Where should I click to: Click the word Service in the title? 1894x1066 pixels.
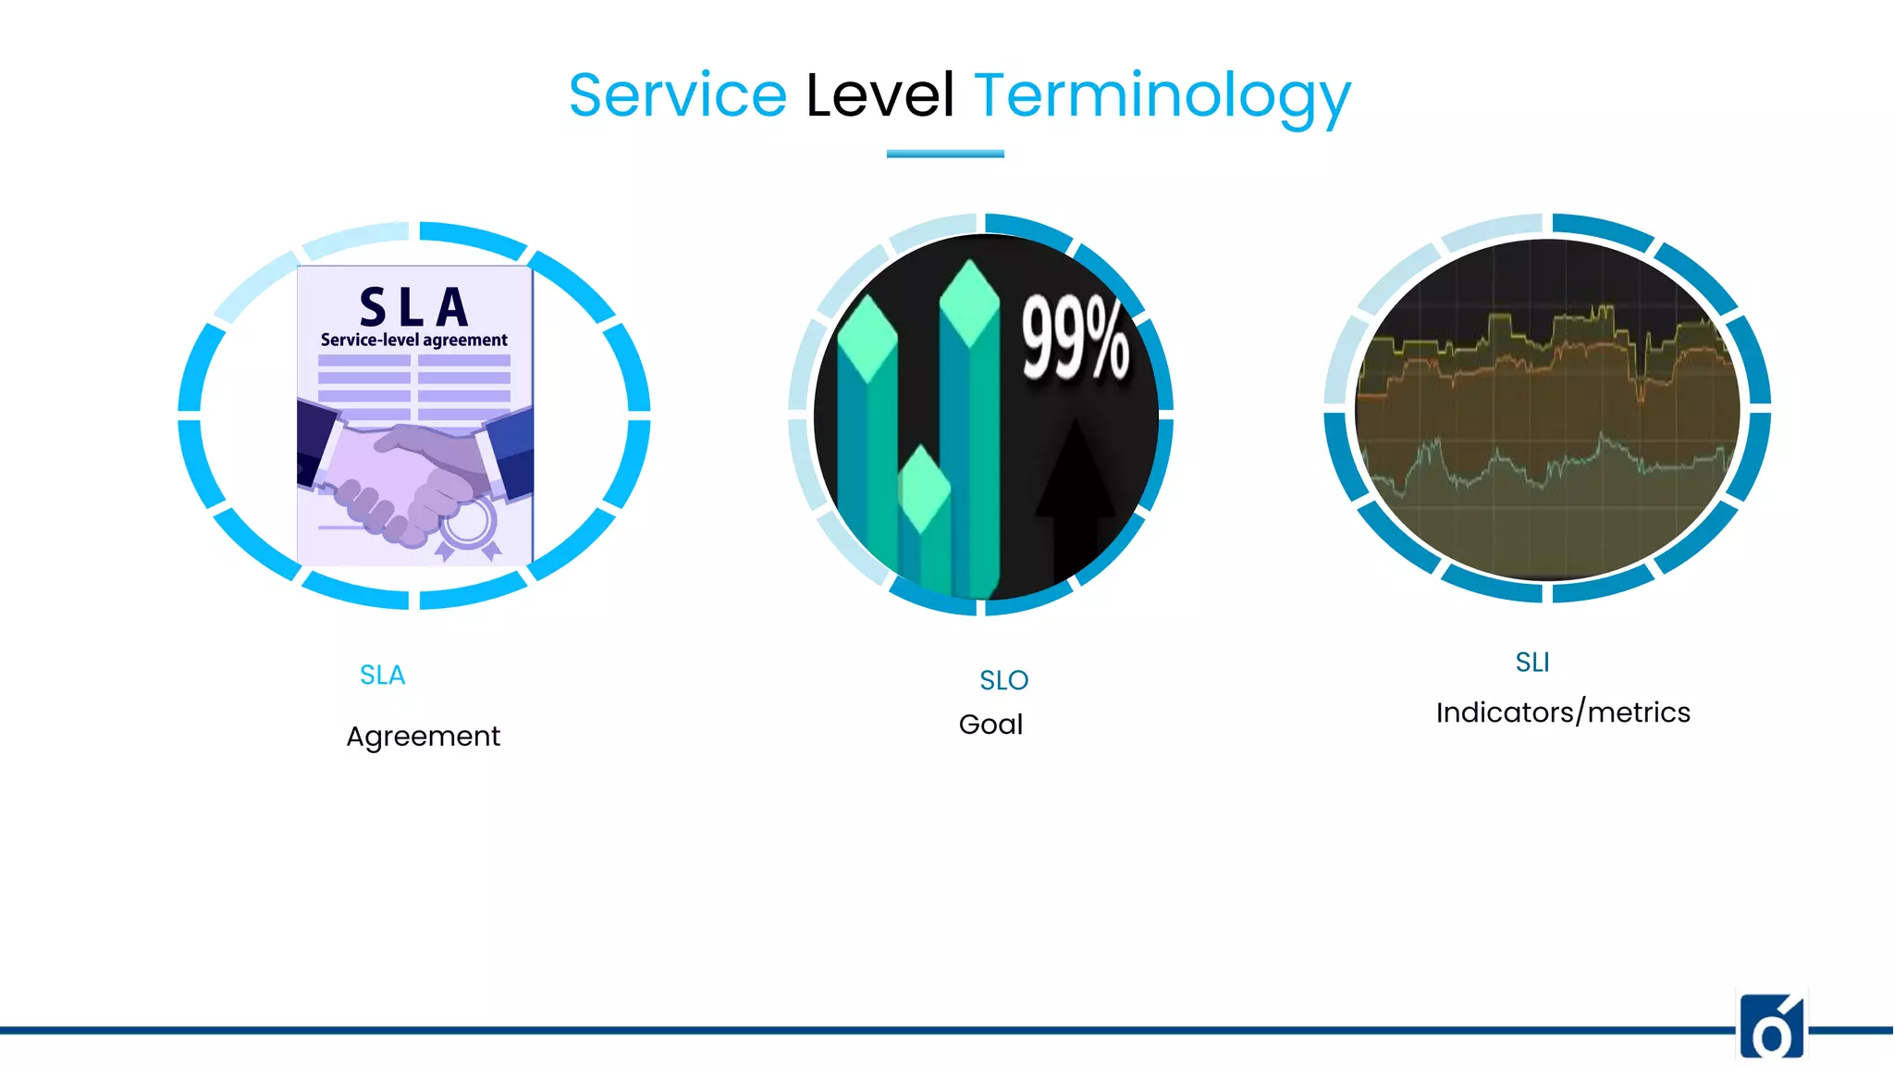coord(677,95)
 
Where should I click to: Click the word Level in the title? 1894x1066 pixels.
coord(879,95)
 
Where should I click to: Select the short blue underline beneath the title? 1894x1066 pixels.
coord(944,154)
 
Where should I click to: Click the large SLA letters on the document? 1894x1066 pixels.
coord(413,307)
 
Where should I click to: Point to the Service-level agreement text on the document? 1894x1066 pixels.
coord(413,341)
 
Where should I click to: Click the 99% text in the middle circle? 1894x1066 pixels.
coord(1075,339)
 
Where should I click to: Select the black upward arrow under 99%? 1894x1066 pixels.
coord(1075,490)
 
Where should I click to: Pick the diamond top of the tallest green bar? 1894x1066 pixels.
coord(968,301)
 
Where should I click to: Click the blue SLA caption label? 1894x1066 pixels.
coord(382,676)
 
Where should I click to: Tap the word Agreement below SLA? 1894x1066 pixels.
coord(423,737)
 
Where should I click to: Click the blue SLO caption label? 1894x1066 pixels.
coord(1003,681)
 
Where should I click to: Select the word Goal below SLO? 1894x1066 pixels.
coord(990,725)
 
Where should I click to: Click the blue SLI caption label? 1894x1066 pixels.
coord(1531,663)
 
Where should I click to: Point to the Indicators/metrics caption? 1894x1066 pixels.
coord(1563,713)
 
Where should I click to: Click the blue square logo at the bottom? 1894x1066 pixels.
coord(1771,1027)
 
